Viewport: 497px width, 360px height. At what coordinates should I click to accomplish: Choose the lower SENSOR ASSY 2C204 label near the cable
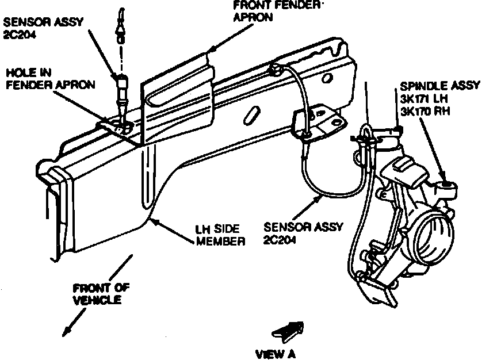point(301,233)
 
